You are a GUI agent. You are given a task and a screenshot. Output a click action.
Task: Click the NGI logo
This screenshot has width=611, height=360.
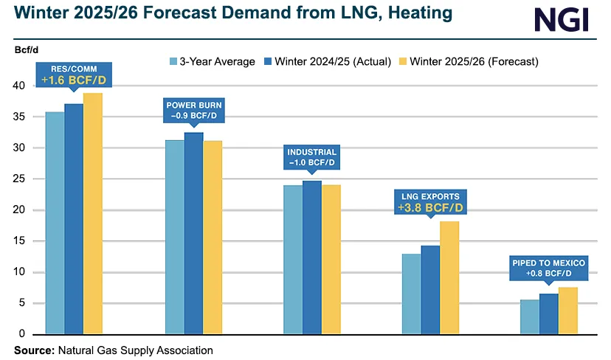click(x=562, y=20)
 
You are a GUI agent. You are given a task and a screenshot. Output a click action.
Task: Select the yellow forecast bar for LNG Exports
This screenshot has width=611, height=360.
click(x=449, y=277)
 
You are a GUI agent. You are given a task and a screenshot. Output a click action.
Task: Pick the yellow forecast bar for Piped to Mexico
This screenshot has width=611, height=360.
click(x=568, y=311)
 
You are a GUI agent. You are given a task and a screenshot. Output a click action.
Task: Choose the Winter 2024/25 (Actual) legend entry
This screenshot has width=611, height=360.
click(x=328, y=61)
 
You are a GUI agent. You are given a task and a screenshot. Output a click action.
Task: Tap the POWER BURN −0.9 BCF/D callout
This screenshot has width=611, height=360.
click(x=193, y=111)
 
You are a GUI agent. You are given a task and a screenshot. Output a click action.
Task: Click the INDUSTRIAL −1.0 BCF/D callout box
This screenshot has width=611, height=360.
click(x=312, y=157)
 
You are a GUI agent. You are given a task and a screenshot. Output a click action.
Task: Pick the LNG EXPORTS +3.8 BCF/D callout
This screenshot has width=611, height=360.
click(x=429, y=202)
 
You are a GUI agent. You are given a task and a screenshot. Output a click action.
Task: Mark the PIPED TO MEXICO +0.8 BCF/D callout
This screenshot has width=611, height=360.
click(x=549, y=269)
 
